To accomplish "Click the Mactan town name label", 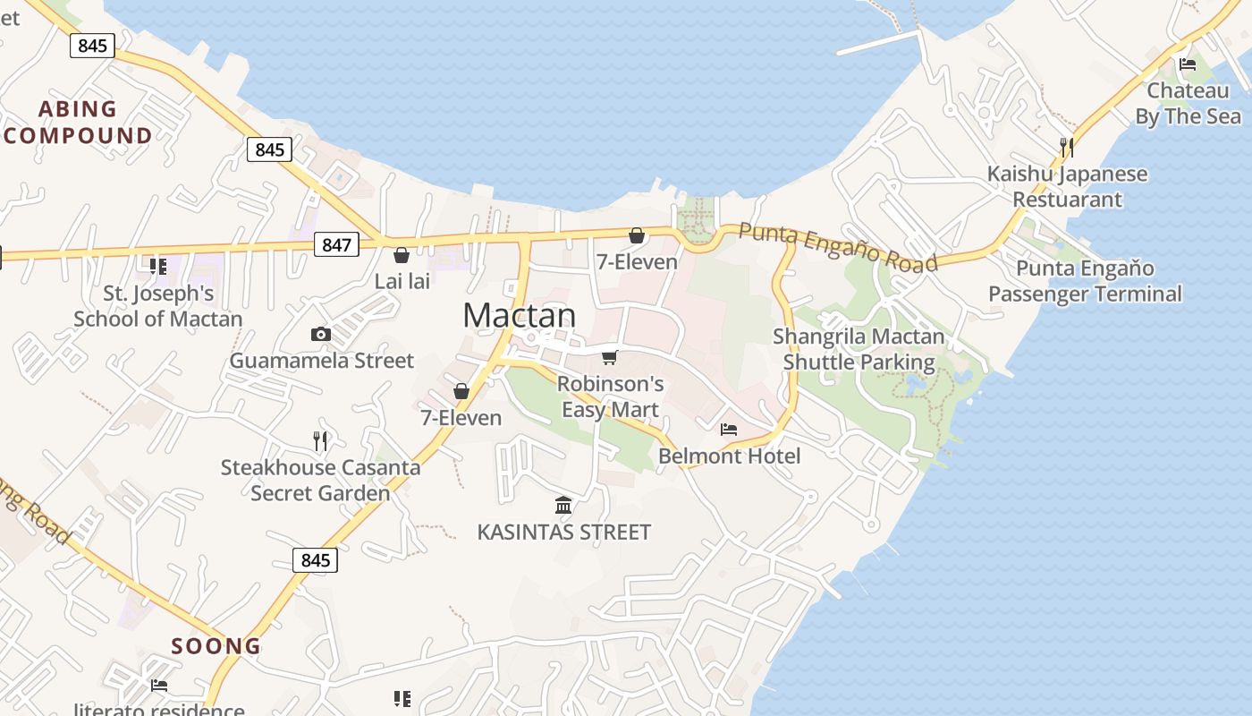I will [x=520, y=315].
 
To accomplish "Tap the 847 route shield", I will [x=336, y=243].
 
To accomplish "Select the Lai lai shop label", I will [x=402, y=281].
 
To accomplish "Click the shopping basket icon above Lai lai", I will [x=402, y=255].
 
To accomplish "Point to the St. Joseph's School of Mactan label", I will [x=158, y=306].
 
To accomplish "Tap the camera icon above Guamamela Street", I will [x=321, y=334].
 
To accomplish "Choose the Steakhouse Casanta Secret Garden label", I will [x=320, y=480].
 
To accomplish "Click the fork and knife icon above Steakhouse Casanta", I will [x=321, y=440].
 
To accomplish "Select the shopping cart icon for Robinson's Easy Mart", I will [x=610, y=357].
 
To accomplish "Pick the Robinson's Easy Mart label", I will [x=610, y=396].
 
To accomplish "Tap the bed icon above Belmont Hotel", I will [x=729, y=430].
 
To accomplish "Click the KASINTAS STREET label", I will [x=563, y=533].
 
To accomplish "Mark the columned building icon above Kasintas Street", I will [x=563, y=506].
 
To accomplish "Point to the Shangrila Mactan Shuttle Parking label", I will [x=859, y=349].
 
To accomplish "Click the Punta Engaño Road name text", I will [x=838, y=246].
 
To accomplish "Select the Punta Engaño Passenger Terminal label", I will [x=1085, y=281].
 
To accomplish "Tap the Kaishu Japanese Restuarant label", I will [x=1067, y=186].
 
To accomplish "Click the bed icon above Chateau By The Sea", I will [x=1188, y=64].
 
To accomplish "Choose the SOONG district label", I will [x=216, y=646].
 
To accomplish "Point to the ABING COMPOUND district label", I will [x=78, y=122].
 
